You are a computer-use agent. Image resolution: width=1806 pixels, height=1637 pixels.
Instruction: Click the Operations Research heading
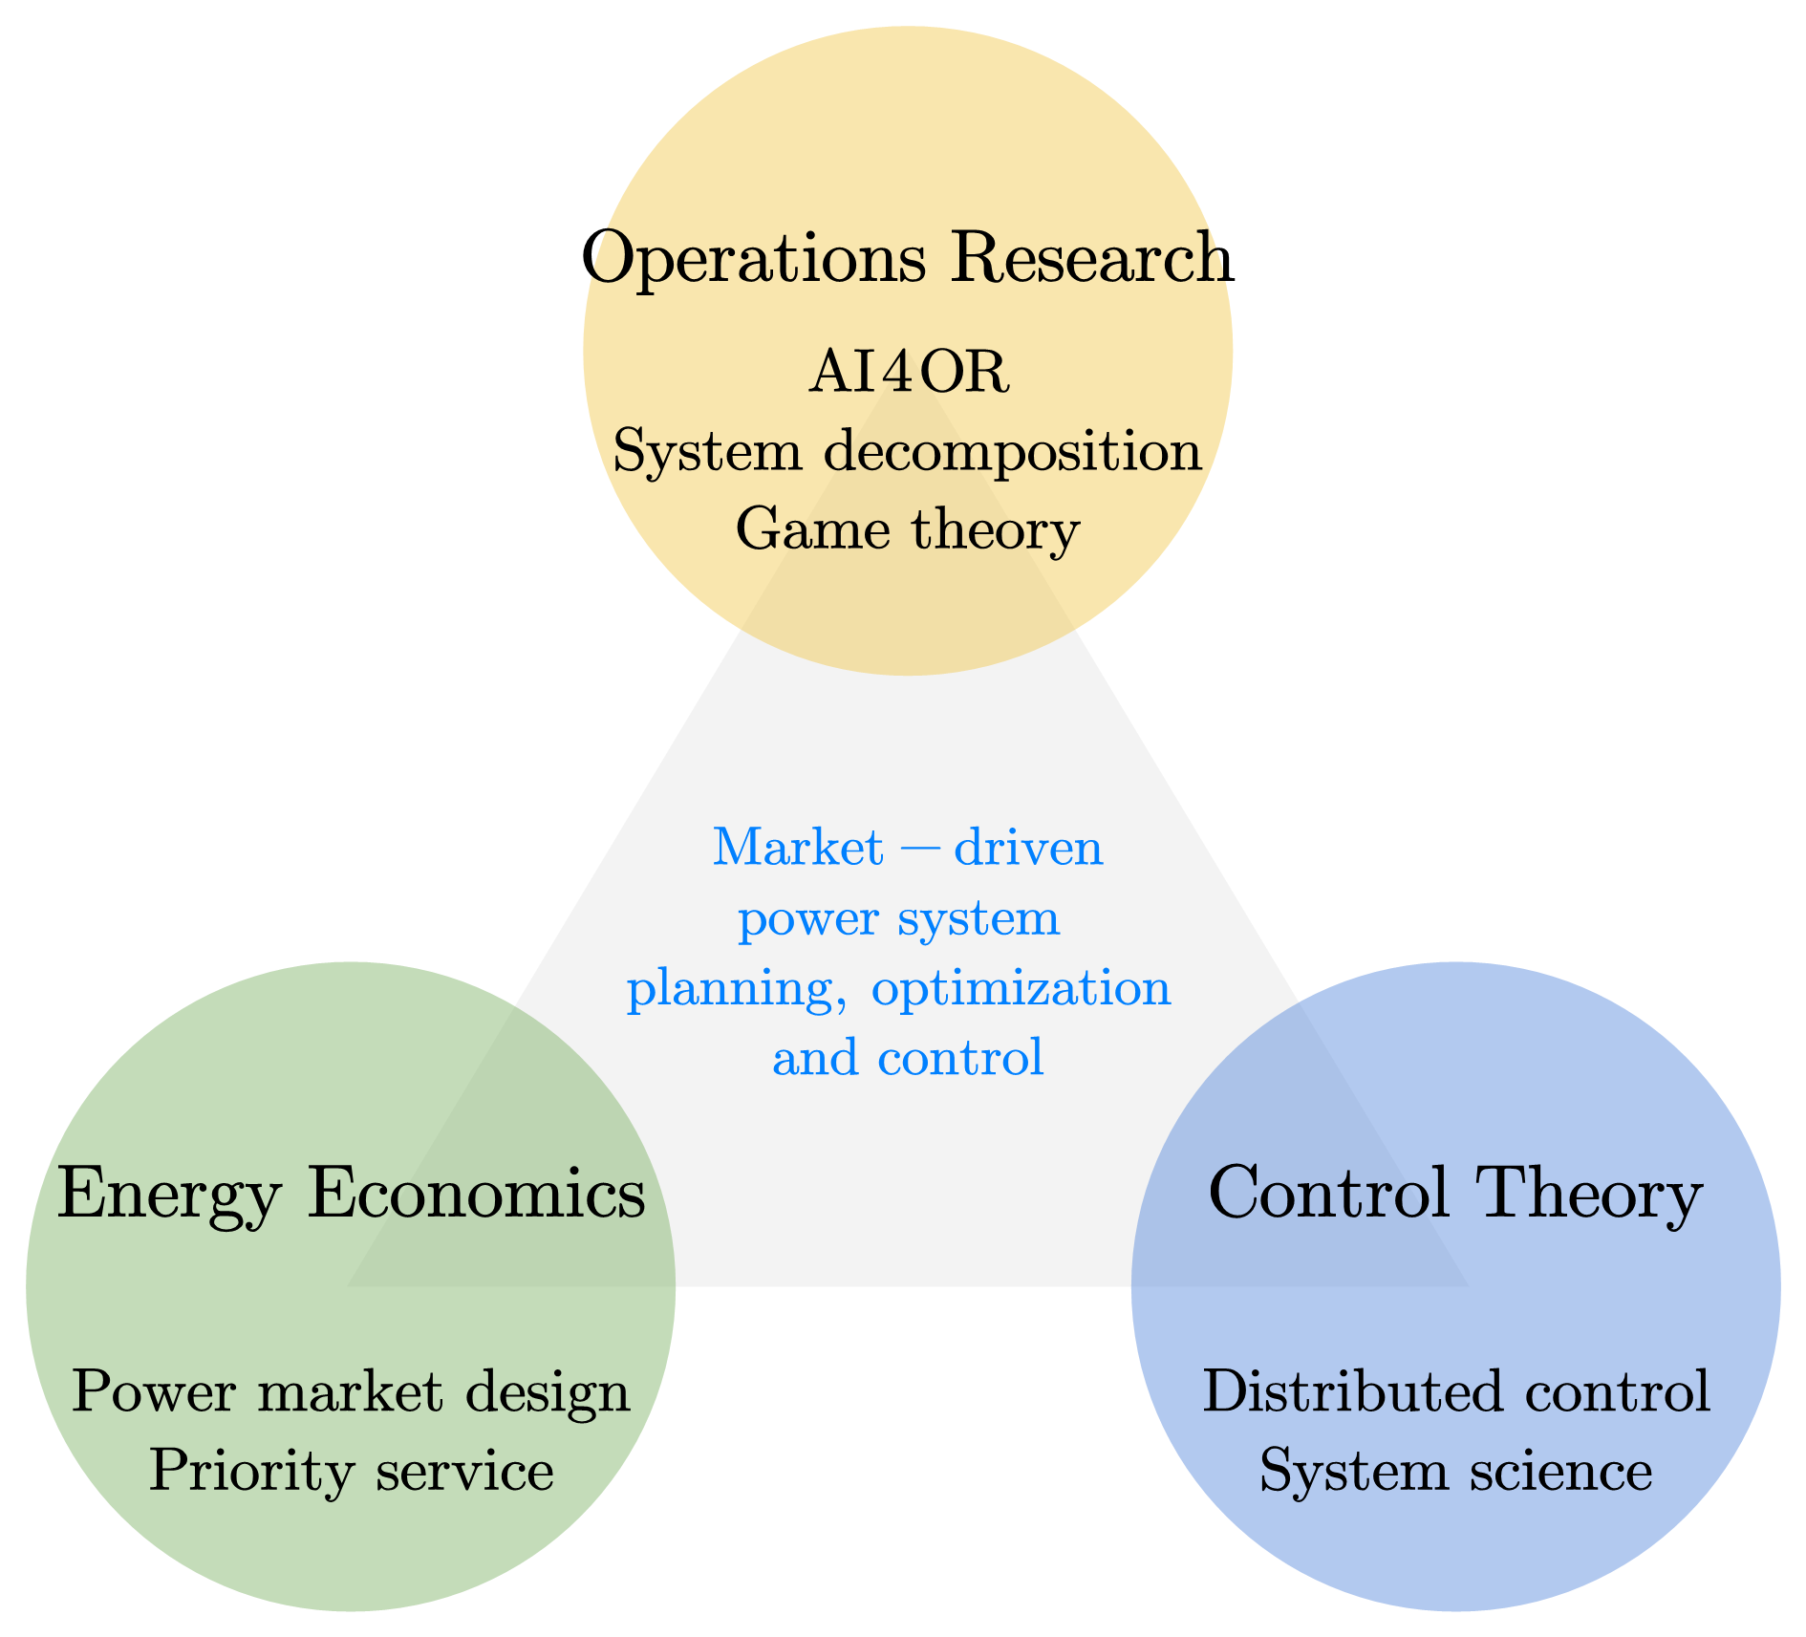[x=906, y=258]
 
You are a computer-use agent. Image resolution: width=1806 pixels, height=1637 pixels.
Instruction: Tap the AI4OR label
[x=908, y=373]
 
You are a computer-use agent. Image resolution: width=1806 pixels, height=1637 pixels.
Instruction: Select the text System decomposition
[x=907, y=451]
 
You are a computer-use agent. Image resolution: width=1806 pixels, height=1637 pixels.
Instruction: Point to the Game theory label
[x=907, y=529]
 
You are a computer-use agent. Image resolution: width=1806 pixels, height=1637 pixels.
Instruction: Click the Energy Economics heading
[x=351, y=1195]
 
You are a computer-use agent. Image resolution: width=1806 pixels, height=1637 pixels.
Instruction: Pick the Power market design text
[x=351, y=1392]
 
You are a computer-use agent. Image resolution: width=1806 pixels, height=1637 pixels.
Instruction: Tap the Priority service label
[x=351, y=1471]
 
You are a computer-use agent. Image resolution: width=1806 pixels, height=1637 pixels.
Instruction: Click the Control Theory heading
[x=1455, y=1195]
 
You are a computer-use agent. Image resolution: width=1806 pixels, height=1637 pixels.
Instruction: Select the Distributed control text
[x=1455, y=1392]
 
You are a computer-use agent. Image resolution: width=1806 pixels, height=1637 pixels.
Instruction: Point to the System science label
[x=1455, y=1471]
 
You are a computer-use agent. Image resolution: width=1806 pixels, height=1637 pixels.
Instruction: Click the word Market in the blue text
[x=798, y=848]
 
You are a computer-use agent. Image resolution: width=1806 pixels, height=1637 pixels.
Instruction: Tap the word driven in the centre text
[x=1028, y=848]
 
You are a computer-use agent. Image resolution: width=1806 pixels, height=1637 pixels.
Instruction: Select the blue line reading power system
[x=899, y=919]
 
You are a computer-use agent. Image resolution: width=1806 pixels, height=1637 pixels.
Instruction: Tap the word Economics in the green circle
[x=476, y=1195]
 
